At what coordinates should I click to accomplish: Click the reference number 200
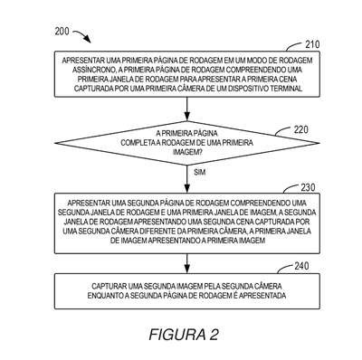pyautogui.click(x=62, y=32)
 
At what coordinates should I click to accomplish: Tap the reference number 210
pyautogui.click(x=312, y=44)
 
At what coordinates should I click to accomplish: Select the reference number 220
pyautogui.click(x=301, y=129)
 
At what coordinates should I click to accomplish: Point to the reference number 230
pyautogui.click(x=308, y=187)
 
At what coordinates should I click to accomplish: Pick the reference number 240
pyautogui.click(x=301, y=266)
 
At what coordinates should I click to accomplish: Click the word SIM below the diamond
pyautogui.click(x=200, y=172)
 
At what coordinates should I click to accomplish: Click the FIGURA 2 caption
pyautogui.click(x=184, y=335)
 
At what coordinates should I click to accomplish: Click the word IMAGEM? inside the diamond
pyautogui.click(x=187, y=153)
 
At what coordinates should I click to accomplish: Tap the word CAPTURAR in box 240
pyautogui.click(x=109, y=286)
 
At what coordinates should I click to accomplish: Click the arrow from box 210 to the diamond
pyautogui.click(x=187, y=109)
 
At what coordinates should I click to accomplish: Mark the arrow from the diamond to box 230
pyautogui.click(x=187, y=179)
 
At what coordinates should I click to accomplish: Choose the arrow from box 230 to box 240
pyautogui.click(x=187, y=263)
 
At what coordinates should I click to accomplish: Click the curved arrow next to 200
pyautogui.click(x=82, y=34)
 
